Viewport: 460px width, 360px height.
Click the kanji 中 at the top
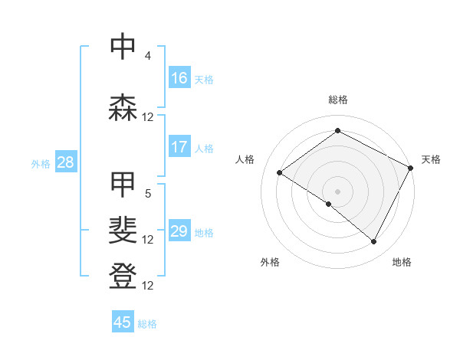[123, 47]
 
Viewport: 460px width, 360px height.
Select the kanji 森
[123, 108]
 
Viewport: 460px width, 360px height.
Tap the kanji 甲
[123, 185]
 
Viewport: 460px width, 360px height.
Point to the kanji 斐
[123, 231]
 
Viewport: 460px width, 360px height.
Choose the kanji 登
[123, 277]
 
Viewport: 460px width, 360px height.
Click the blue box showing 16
[179, 77]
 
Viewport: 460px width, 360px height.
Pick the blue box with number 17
[179, 147]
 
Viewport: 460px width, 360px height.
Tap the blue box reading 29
[179, 231]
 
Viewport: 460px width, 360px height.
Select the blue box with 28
[65, 162]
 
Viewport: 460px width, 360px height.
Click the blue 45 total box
[123, 322]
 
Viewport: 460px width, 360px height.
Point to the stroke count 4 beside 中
[148, 56]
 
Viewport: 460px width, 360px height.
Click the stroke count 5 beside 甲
[148, 194]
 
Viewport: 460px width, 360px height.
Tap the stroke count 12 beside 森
[148, 117]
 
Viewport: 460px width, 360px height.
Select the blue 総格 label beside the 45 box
[148, 324]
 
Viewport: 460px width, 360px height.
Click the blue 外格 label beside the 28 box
[41, 163]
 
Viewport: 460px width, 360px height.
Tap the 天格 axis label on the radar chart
[431, 159]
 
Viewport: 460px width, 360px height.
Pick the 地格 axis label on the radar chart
[402, 262]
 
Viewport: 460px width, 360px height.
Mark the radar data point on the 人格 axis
[280, 172]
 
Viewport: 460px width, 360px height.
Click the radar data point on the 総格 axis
[337, 131]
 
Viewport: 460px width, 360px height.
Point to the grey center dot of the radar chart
[337, 191]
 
